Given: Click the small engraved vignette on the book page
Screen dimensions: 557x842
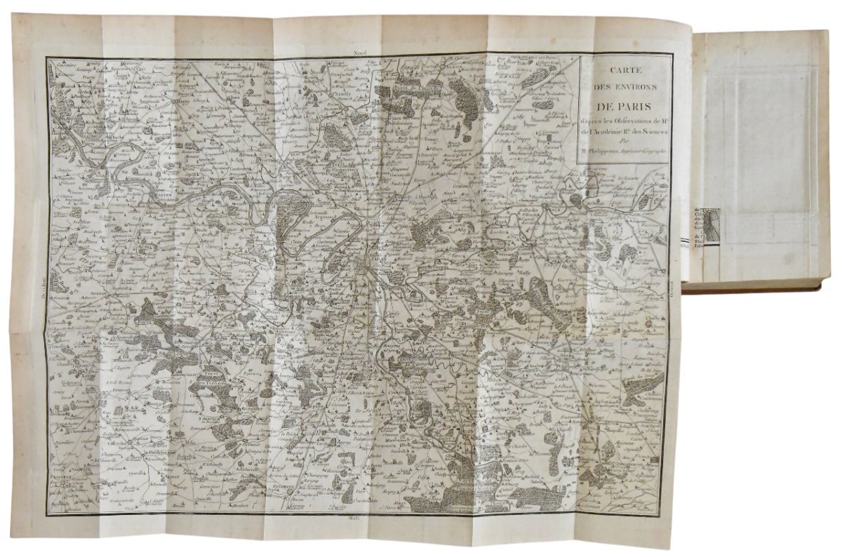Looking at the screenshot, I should (x=714, y=223).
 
